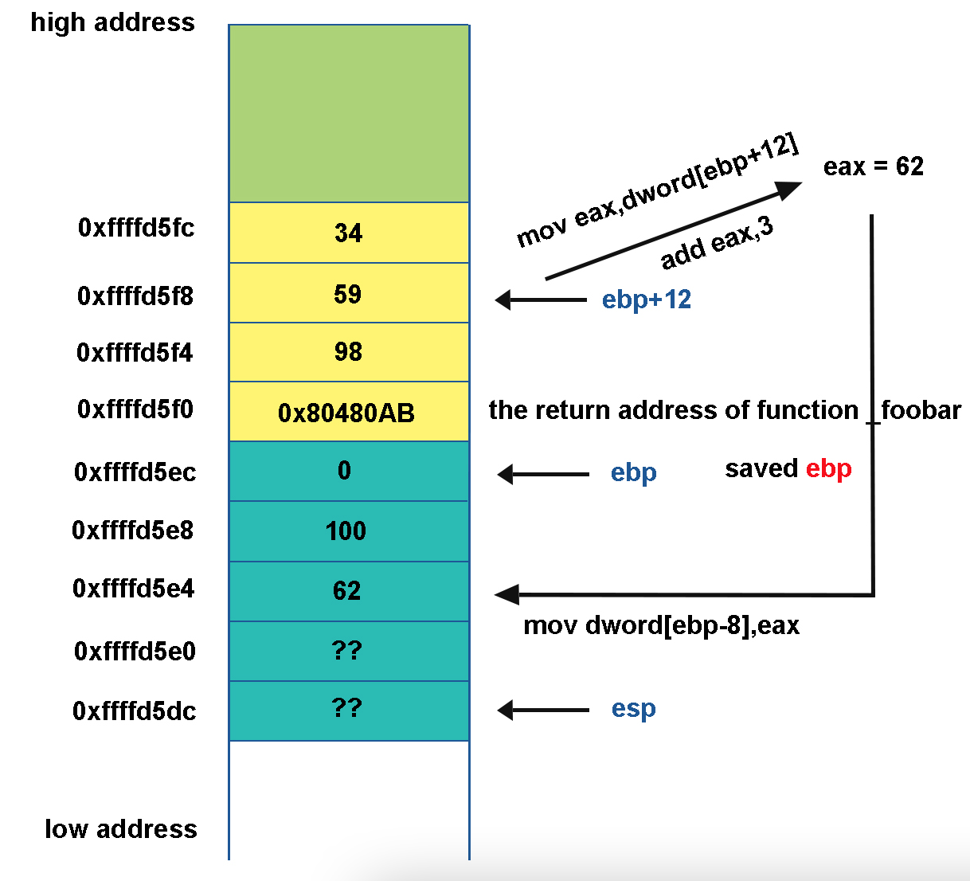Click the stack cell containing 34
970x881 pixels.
click(x=348, y=233)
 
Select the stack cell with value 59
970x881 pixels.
click(x=348, y=294)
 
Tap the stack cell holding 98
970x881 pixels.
click(x=348, y=352)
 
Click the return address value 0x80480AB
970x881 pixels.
click(x=346, y=413)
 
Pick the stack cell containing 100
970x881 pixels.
click(x=346, y=531)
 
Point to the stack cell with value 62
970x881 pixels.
click(x=346, y=591)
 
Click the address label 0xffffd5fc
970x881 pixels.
click(x=136, y=228)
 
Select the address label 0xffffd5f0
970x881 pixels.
click(x=135, y=409)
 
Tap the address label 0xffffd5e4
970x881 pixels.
click(x=134, y=589)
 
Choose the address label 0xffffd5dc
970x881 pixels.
click(x=135, y=711)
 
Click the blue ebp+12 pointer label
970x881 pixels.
click(x=647, y=300)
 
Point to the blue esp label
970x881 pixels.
click(x=634, y=708)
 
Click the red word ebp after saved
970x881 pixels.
click(x=829, y=468)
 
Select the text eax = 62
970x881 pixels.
click(x=874, y=166)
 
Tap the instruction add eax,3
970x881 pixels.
click(x=717, y=243)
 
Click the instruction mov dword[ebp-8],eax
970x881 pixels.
click(x=661, y=625)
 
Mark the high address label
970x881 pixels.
click(x=112, y=22)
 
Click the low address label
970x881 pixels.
click(x=121, y=829)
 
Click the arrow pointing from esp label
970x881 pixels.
click(x=543, y=710)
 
